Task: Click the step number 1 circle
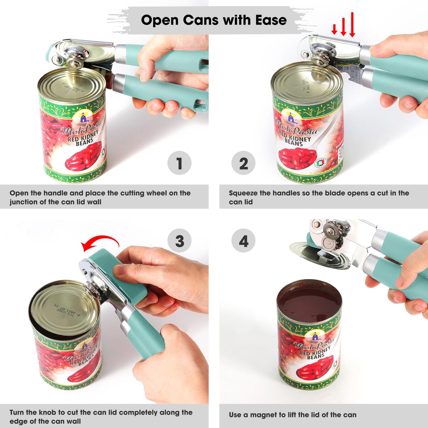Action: (x=179, y=163)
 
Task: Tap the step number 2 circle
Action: (x=243, y=163)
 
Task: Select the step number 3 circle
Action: (x=179, y=241)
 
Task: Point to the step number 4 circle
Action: (x=243, y=241)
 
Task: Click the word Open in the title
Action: (x=160, y=20)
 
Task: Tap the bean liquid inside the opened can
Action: (x=310, y=305)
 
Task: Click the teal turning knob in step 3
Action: (x=118, y=275)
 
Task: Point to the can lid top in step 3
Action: (x=64, y=308)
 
